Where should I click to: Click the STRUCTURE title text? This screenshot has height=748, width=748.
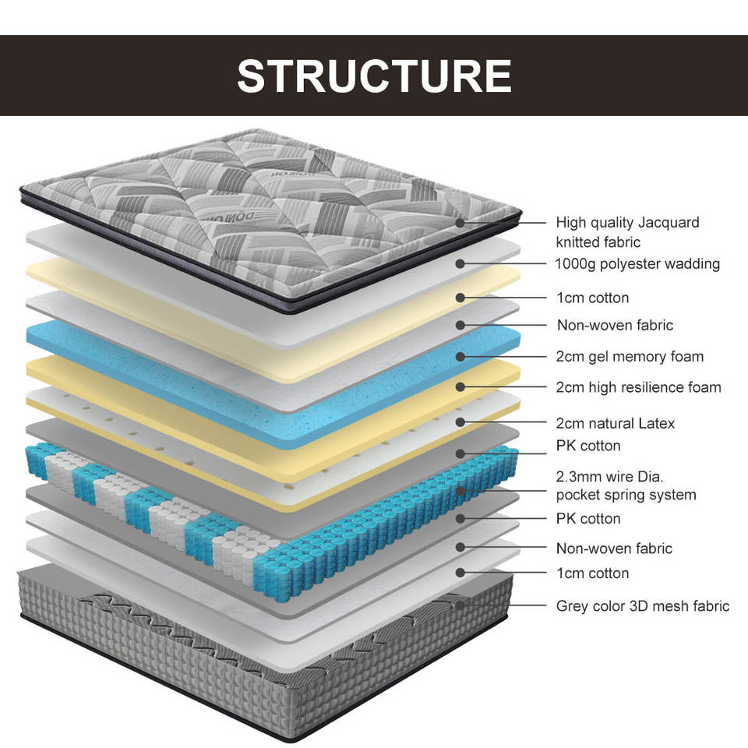pos(374,76)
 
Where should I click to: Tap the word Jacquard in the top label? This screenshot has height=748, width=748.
pos(669,223)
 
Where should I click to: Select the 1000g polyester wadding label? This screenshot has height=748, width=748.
pos(637,264)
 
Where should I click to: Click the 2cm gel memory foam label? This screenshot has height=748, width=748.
pos(630,356)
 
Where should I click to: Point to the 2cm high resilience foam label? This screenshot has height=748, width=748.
pos(638,387)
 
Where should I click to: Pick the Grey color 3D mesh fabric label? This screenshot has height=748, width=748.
pos(643,606)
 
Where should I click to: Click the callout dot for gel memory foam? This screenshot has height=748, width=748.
pos(460,356)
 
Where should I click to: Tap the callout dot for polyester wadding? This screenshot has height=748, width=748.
pos(460,263)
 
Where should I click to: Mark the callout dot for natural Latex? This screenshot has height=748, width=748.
pos(460,422)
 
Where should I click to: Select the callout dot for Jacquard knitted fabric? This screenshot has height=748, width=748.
pos(460,222)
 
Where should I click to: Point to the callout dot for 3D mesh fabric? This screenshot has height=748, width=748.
pos(460,605)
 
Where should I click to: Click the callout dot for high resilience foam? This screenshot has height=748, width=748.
pos(460,387)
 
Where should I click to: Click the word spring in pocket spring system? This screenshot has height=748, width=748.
pos(626,496)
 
